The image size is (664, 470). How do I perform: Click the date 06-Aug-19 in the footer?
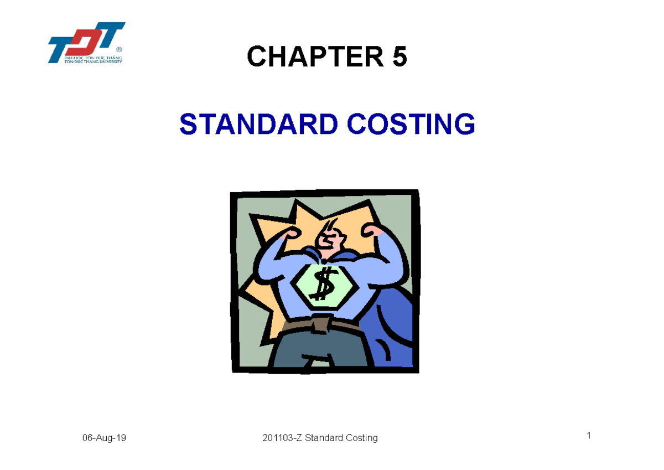104,438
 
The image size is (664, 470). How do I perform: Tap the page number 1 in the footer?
589,436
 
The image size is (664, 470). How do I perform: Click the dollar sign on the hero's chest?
320,284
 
